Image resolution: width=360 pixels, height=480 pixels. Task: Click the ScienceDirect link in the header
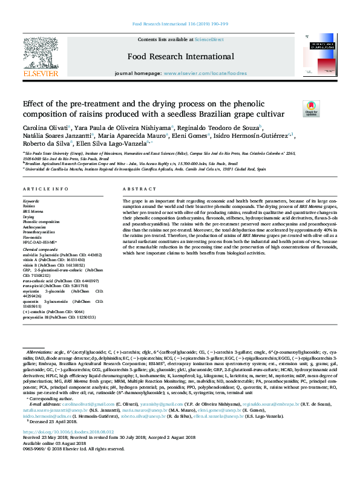pyautogui.click(x=209, y=39)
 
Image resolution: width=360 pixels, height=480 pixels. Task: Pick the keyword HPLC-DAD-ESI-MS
pyautogui.click(x=40, y=242)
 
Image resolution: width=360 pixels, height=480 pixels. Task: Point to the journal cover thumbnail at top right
pyautogui.click(x=321, y=57)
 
